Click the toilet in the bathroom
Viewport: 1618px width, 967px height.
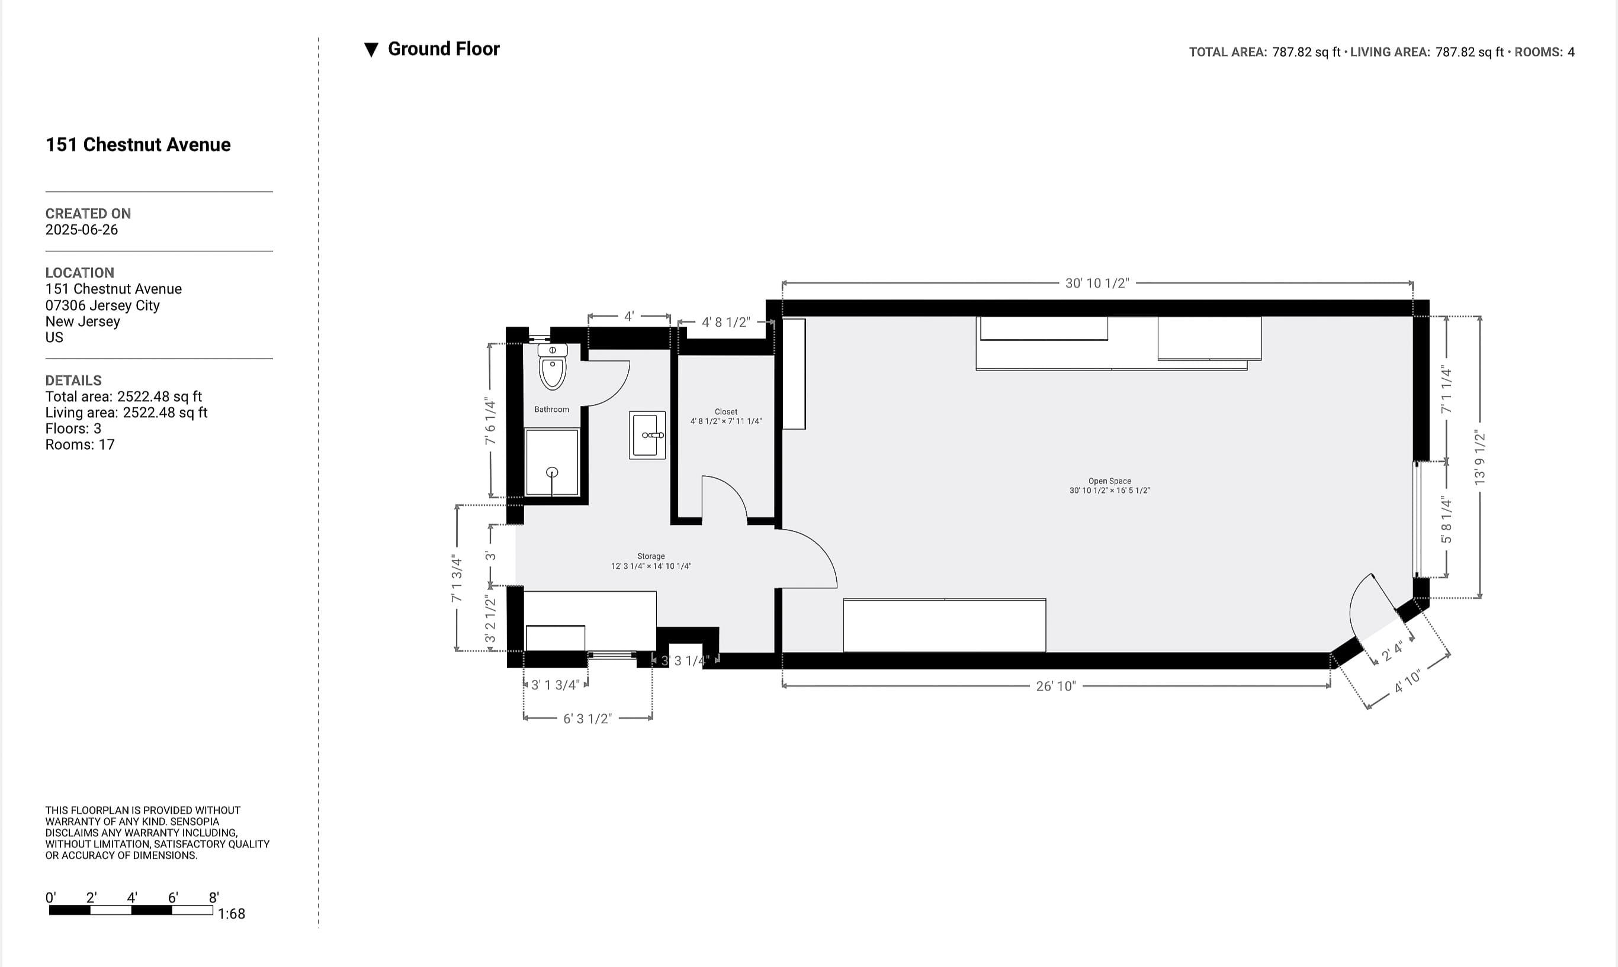[553, 368]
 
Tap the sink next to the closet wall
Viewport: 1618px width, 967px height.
[647, 434]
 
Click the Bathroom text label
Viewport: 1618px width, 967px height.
[551, 409]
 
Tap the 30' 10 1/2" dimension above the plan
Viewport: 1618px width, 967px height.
[1096, 283]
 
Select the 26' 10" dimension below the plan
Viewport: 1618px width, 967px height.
[1055, 686]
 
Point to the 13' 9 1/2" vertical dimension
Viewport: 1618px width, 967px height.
[1479, 458]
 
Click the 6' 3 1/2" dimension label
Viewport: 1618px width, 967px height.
[588, 718]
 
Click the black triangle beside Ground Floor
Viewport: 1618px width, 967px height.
[371, 50]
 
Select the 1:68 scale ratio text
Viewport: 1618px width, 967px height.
[232, 914]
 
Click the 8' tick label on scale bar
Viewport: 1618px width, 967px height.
[213, 897]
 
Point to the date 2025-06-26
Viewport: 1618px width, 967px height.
[82, 230]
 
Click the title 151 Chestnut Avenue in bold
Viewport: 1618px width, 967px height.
[137, 144]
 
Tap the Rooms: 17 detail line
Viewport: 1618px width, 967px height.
[79, 445]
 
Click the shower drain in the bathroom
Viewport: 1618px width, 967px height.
[552, 472]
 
